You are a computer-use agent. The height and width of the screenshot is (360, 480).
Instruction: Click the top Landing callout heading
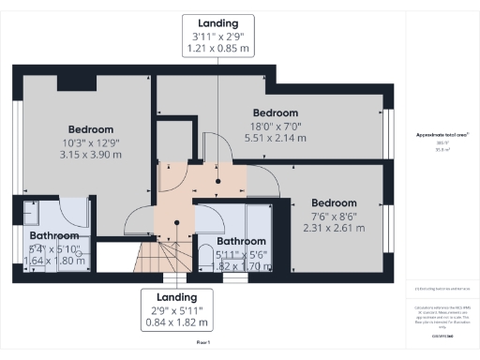pos(218,22)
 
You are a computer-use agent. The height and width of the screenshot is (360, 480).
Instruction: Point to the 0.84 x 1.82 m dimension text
pos(176,322)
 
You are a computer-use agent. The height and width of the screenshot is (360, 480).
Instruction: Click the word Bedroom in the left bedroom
pos(90,129)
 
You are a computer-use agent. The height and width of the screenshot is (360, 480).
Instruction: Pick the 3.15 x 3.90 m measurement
pos(90,155)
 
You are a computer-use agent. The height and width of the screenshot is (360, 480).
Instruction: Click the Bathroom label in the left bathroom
pos(52,235)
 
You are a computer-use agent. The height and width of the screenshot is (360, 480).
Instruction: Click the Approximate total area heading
pos(442,135)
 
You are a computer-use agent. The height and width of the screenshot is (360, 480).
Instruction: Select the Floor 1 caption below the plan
pos(202,344)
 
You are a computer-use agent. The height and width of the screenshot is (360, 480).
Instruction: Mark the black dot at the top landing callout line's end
pos(218,182)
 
